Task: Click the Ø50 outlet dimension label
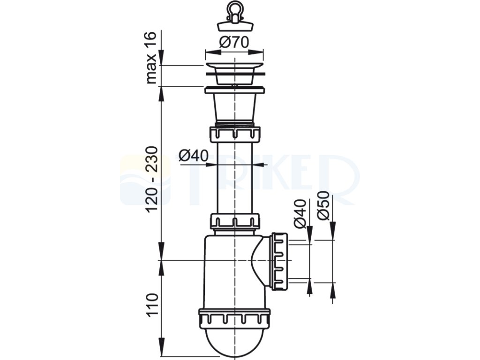click(322, 206)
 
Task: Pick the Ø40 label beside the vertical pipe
click(193, 155)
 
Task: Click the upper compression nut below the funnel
click(234, 134)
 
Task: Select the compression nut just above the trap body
click(234, 221)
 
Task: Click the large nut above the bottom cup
click(234, 317)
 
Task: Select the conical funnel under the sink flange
click(234, 108)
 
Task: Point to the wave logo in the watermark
click(134, 180)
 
